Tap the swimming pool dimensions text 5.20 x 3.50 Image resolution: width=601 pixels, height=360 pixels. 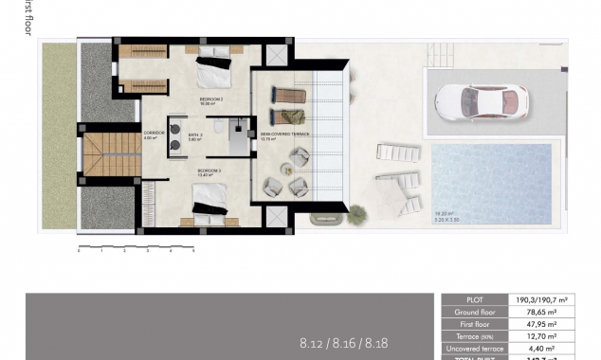pos(448,218)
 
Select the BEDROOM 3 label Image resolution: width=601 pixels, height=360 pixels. pos(208,171)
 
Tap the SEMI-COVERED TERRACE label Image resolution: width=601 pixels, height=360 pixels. pos(286,135)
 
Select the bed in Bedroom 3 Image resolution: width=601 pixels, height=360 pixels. pos(209,201)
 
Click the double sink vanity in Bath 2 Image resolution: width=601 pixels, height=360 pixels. pos(174,138)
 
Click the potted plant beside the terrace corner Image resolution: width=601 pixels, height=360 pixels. pos(355,215)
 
